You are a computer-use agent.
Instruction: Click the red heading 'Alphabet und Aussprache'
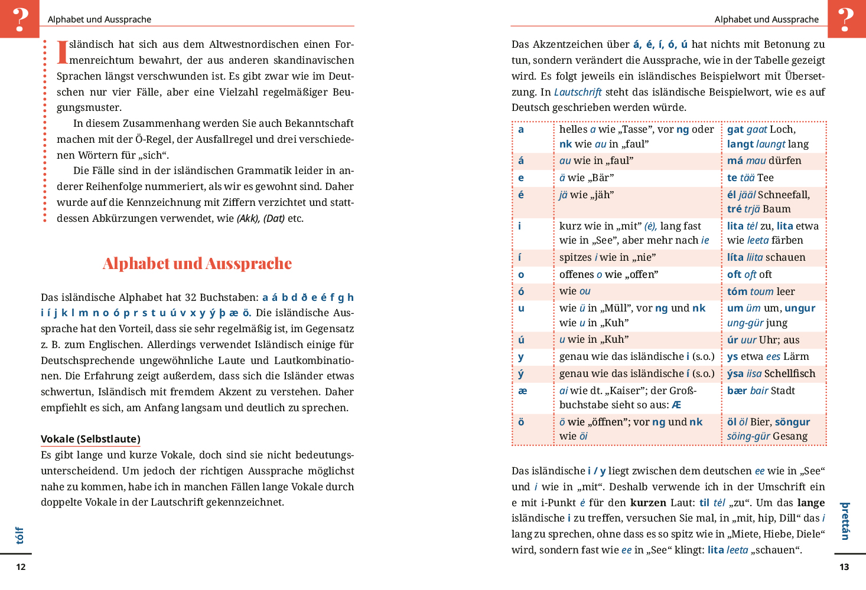(197, 263)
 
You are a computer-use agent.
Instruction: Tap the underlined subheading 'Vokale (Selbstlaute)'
(90, 439)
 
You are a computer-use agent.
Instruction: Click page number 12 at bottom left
(21, 567)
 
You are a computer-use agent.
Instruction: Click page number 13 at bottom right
(844, 567)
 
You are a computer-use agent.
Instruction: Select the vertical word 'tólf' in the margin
(19, 535)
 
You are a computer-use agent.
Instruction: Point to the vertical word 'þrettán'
(845, 521)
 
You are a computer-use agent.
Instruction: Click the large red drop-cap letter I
(62, 52)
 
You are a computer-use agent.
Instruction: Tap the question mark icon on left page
(19, 19)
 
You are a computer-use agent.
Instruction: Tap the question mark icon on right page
(847, 19)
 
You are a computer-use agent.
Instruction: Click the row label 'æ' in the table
(522, 391)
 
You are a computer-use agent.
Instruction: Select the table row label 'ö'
(521, 422)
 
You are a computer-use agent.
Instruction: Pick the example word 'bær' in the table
(737, 391)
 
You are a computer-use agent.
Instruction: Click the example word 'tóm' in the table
(737, 291)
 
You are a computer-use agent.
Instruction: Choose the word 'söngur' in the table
(792, 422)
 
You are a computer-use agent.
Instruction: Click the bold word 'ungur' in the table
(800, 308)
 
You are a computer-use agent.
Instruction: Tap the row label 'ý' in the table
(521, 373)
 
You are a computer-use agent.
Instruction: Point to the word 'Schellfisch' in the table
(790, 373)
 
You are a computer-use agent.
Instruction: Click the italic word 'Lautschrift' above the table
(578, 92)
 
